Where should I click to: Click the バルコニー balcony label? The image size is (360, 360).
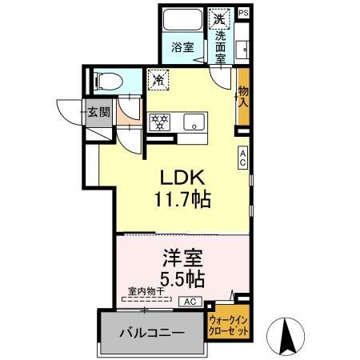pos(151,331)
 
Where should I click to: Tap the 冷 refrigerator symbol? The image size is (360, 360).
pos(158,79)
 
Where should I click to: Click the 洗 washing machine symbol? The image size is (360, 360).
pos(219,17)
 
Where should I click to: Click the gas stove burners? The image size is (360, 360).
pos(160,122)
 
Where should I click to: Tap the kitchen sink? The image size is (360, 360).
pos(192,122)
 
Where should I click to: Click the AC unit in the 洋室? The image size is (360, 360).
pos(190,302)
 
